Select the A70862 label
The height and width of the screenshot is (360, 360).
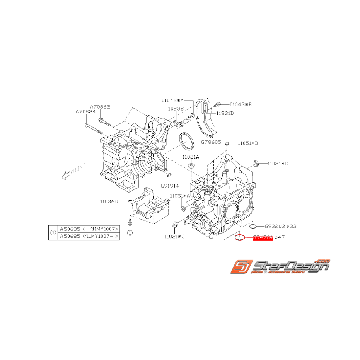click(101, 106)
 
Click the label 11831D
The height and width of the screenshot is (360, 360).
click(225, 113)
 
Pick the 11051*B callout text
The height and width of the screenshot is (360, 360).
click(248, 143)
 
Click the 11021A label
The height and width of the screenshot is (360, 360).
click(191, 157)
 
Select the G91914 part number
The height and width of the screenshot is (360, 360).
click(170, 186)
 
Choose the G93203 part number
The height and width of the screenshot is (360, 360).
click(275, 226)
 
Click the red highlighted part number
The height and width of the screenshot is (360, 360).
click(263, 237)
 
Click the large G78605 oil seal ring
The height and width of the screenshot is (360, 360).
click(187, 142)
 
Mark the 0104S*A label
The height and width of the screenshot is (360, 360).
click(173, 100)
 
